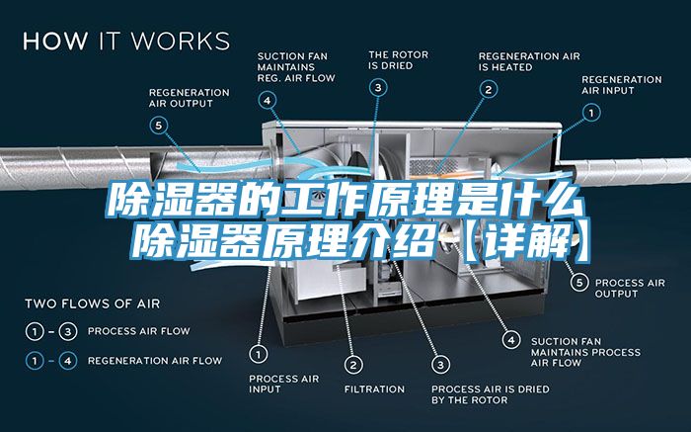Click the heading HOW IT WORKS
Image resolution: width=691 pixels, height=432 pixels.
126,42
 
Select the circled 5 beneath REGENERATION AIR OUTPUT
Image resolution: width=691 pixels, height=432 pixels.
160,125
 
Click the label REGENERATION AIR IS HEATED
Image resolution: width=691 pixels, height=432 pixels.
529,61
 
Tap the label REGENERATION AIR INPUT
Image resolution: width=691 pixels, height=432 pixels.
621,84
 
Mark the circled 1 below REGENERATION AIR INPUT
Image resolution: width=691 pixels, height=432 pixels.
591,114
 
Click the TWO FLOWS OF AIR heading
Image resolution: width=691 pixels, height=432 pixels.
92,302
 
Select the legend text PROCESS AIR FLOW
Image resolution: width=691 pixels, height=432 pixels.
139,330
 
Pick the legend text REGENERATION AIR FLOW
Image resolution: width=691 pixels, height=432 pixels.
155,361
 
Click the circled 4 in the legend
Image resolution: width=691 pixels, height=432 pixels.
68,361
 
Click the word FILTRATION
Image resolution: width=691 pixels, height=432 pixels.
374,389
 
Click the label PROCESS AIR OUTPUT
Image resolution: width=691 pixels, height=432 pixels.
630,288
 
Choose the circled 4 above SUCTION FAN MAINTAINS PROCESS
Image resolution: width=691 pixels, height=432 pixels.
511,338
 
